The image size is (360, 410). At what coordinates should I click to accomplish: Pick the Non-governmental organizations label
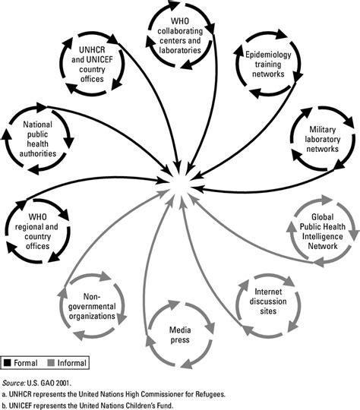click(89, 304)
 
